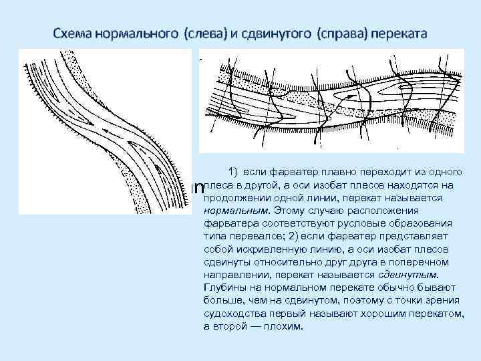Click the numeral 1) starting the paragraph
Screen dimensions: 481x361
234,172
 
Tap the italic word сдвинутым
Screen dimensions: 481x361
411,273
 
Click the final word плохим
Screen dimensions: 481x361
284,327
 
